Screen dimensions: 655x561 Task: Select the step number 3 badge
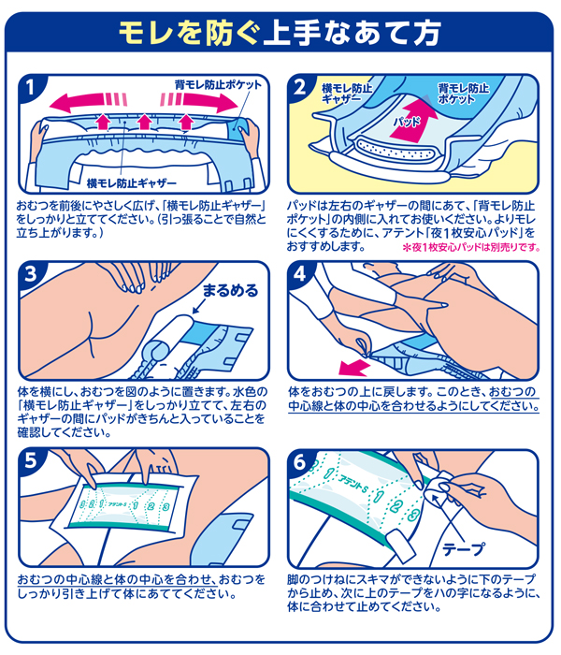point(32,274)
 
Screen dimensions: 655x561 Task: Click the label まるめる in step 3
point(224,291)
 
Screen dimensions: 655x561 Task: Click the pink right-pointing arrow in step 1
point(201,100)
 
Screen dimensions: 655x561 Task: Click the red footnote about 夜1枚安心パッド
point(471,247)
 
